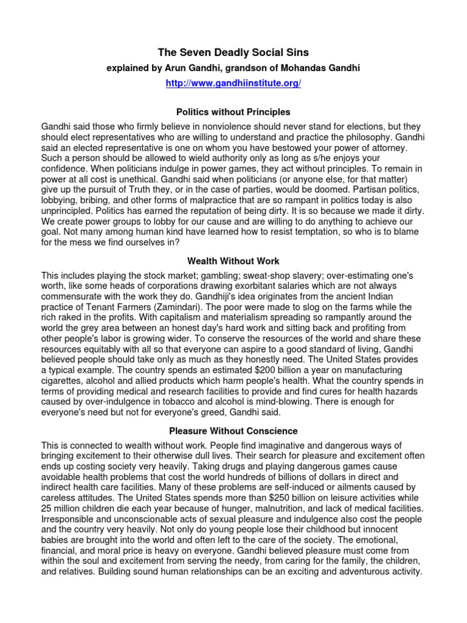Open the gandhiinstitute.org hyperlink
tap(233, 83)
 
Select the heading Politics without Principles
tap(233, 112)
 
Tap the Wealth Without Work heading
tap(233, 261)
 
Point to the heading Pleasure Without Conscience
tap(233, 431)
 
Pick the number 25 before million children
tap(47, 508)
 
